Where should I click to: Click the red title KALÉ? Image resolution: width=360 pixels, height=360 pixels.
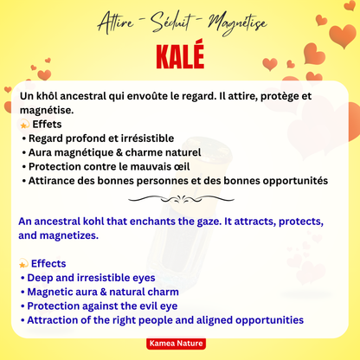click(180, 55)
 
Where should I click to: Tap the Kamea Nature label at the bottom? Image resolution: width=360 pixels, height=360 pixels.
click(180, 344)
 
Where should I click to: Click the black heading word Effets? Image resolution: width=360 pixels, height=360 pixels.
click(52, 125)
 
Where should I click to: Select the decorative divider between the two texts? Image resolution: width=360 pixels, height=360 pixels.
click(179, 198)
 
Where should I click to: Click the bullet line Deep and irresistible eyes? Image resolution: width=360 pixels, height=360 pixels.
click(90, 278)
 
